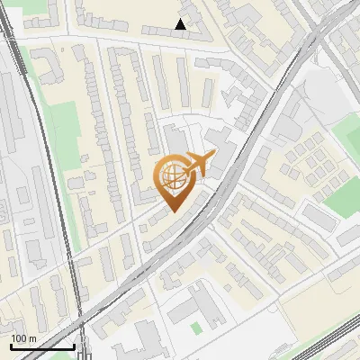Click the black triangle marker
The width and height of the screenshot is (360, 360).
pos(182,24)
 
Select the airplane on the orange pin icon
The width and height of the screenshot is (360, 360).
pos(200,163)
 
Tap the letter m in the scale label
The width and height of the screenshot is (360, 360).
pos(33,338)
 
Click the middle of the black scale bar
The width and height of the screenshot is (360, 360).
pos(42,346)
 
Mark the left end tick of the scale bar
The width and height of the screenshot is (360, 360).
pos(11,346)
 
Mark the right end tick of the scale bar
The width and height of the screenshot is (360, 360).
pos(74,346)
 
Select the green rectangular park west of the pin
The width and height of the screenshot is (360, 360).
pos(60,127)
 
